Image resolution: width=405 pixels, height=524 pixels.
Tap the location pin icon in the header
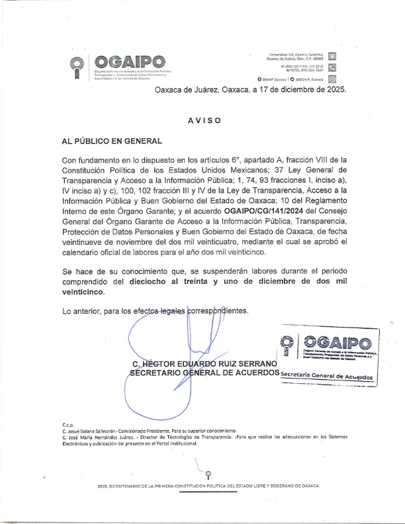[333, 56]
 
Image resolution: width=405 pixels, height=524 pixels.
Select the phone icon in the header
[333, 67]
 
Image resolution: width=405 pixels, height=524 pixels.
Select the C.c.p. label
[67, 424]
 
